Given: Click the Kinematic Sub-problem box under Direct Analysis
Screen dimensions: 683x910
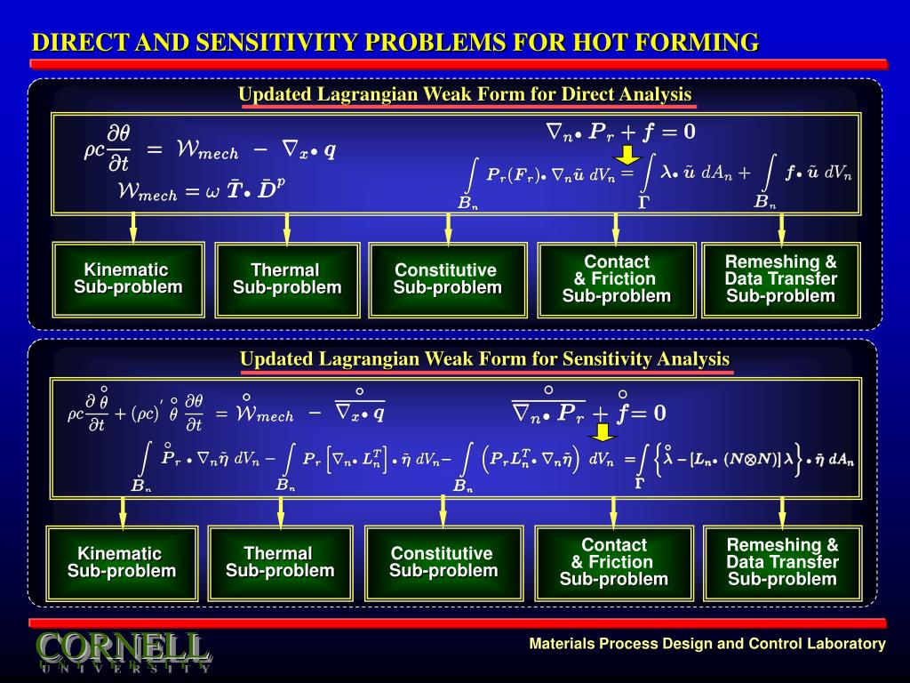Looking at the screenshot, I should pos(129,278).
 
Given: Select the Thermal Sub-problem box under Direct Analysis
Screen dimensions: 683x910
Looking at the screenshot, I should pos(287,279).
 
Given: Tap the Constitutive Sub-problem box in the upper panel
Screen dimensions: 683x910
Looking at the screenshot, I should pos(447,279).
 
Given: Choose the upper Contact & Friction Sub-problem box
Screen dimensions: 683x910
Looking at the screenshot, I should pos(616,279).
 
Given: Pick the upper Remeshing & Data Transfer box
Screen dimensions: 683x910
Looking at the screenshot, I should pos(781,279).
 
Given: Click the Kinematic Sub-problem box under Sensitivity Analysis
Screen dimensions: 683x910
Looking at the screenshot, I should pos(122,563).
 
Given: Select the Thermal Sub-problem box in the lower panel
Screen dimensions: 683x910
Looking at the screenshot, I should pos(280,563).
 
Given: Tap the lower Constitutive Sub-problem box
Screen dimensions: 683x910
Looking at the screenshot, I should pos(443,563).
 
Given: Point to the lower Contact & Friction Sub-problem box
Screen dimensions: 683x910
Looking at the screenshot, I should pos(613,563).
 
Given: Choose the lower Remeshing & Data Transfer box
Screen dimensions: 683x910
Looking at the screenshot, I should pos(782,563).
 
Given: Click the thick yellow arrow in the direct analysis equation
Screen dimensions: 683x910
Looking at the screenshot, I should pos(628,155).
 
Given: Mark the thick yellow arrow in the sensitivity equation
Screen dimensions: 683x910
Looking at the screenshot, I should pos(603,432).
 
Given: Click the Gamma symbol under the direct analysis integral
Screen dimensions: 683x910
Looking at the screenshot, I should pos(644,203).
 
